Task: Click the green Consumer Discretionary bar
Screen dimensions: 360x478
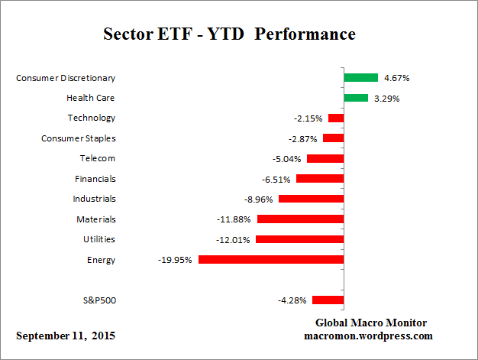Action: (360, 77)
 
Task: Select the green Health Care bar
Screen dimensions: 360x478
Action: (356, 98)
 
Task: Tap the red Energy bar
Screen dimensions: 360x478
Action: (270, 260)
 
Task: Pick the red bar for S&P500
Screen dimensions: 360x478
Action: (328, 300)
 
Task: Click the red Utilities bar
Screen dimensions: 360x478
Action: (299, 239)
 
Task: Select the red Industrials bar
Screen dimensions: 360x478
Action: (311, 199)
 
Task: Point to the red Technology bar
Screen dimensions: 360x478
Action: (335, 118)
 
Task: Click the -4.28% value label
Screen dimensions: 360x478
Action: (292, 300)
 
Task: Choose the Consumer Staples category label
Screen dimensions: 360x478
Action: (78, 138)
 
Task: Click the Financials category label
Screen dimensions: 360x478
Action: (95, 179)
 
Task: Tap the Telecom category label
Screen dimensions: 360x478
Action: (98, 158)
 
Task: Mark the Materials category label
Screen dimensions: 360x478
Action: (96, 219)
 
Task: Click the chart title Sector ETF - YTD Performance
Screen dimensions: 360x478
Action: (229, 34)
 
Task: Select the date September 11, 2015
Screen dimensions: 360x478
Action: (66, 336)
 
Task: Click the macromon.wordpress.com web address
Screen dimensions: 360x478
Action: (370, 336)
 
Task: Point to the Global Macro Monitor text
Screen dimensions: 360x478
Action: (370, 323)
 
